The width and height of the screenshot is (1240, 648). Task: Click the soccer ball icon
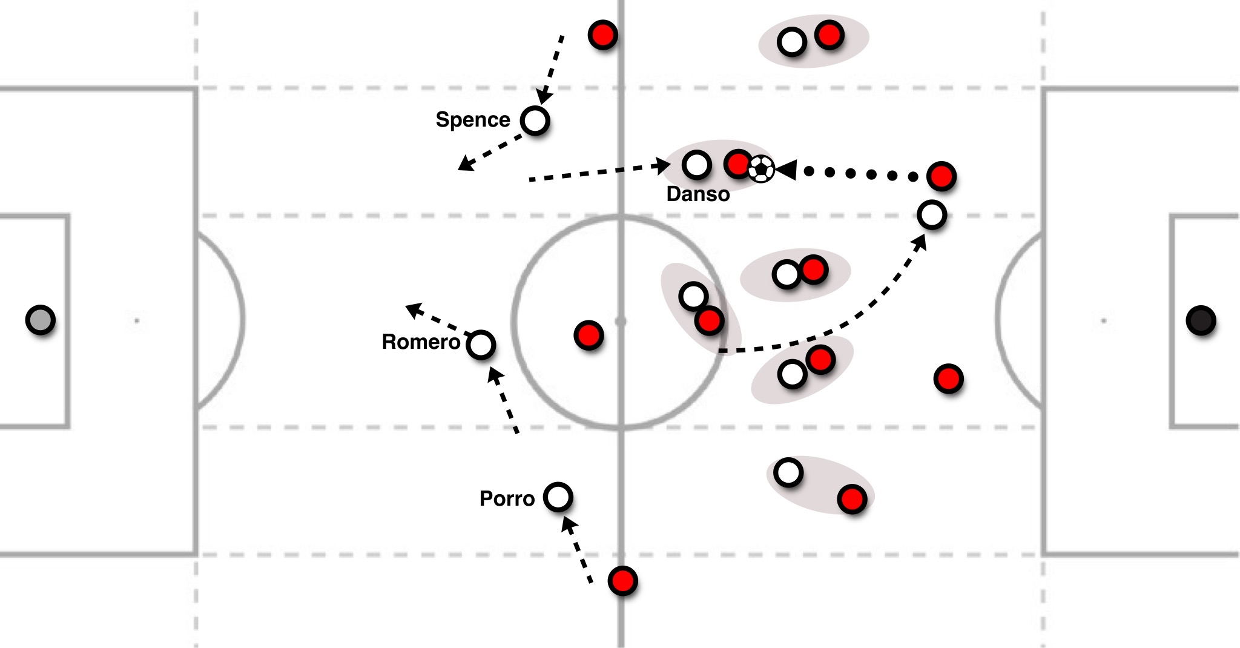tap(761, 169)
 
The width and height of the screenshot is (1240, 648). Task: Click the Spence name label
tap(473, 120)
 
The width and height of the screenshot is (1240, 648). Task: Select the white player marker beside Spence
tap(535, 121)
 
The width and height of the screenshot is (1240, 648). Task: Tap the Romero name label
tap(421, 342)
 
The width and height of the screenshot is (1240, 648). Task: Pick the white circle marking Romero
tap(481, 345)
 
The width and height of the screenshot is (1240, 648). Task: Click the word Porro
tap(507, 499)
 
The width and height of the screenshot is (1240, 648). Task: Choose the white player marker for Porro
tap(558, 497)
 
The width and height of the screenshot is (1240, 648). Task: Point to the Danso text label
tap(698, 194)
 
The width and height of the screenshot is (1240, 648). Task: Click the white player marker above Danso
tap(696, 165)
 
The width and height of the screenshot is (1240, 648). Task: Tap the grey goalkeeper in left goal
tap(40, 319)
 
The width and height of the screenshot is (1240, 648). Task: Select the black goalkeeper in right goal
tap(1201, 320)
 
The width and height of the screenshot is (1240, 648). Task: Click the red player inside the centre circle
tap(589, 335)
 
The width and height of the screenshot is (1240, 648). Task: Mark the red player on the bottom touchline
tap(622, 581)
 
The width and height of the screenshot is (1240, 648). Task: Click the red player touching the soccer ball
tap(738, 164)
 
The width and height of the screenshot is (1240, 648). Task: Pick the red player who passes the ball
tap(941, 176)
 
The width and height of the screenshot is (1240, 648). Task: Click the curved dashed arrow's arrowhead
tap(921, 241)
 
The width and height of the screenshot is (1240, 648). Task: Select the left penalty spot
tap(137, 320)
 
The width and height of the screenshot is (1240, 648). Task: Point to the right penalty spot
tap(1103, 320)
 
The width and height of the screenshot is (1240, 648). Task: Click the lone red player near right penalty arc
tap(948, 379)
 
